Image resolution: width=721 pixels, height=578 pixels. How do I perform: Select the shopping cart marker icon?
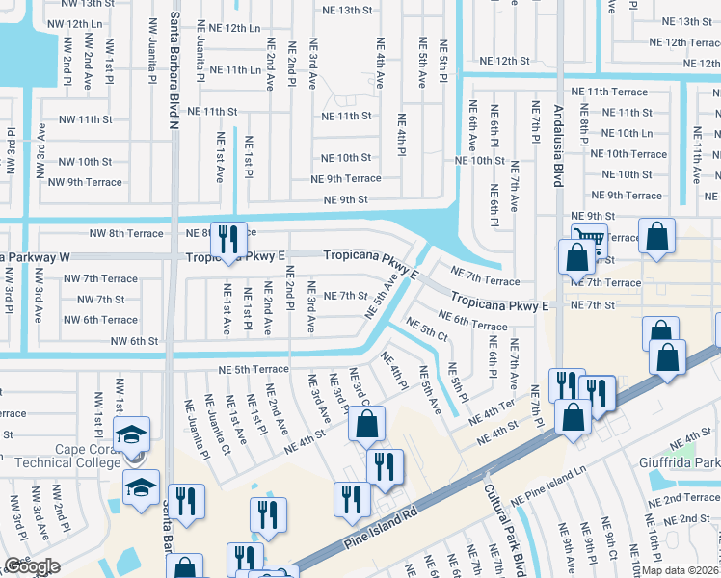coord(588,240)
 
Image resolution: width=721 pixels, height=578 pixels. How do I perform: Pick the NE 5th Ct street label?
coord(427,329)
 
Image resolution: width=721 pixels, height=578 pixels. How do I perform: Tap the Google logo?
coord(32,566)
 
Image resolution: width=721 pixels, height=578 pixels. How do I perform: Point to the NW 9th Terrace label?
coord(85,182)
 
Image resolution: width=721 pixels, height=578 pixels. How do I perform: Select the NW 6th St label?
coord(134,341)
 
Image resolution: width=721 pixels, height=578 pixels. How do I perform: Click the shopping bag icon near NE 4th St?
coord(366,422)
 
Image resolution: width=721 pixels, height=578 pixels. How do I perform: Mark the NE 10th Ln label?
coord(628,133)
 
